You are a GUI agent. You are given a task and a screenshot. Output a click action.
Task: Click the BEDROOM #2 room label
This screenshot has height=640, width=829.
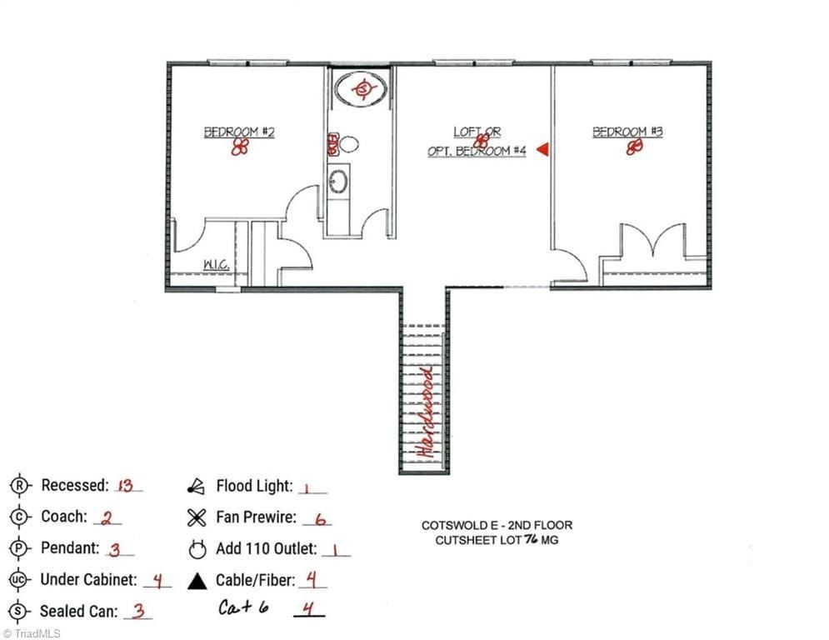click(240, 132)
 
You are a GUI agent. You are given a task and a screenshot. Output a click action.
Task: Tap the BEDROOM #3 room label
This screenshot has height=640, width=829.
click(627, 132)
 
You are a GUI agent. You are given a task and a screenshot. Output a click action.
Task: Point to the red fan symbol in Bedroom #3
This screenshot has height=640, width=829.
click(635, 147)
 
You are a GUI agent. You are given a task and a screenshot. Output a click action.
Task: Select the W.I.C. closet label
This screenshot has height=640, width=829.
click(217, 265)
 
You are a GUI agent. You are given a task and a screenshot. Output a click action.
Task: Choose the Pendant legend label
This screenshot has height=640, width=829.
click(70, 548)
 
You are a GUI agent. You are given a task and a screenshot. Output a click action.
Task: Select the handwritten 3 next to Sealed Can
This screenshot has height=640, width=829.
click(139, 611)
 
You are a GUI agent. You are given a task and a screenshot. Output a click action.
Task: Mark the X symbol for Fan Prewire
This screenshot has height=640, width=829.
click(197, 517)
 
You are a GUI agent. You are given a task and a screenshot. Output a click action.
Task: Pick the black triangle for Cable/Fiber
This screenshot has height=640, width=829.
click(197, 581)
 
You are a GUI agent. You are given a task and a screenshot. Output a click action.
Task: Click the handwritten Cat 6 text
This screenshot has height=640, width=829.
click(244, 607)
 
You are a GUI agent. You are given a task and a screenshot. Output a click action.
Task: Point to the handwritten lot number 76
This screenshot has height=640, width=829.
click(531, 540)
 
